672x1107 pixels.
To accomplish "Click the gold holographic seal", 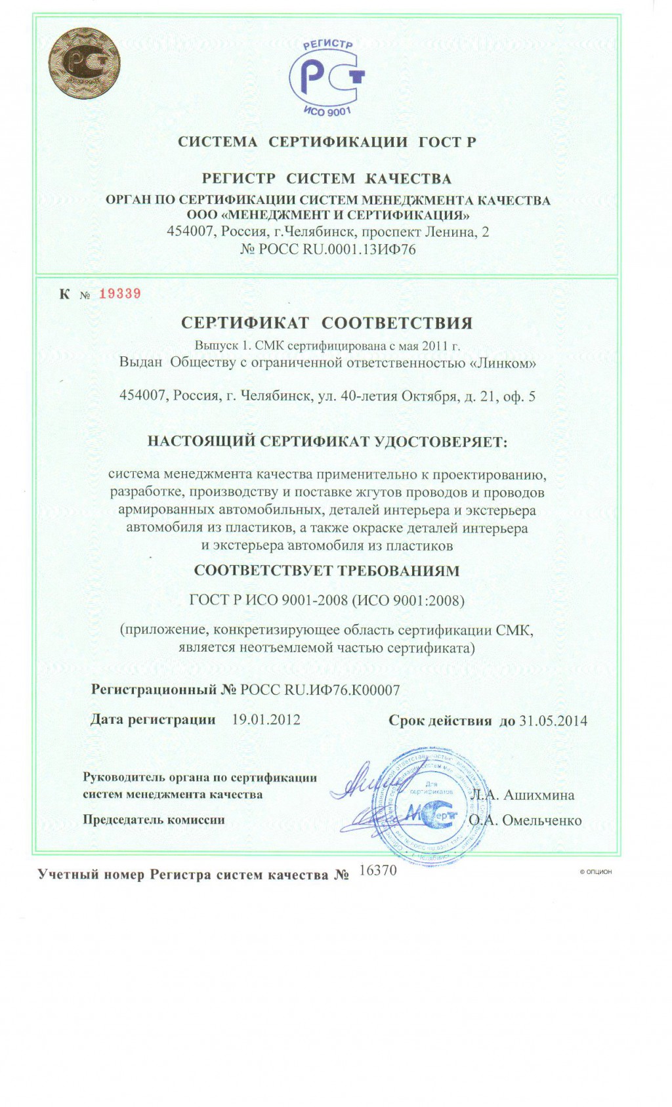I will click(x=83, y=64).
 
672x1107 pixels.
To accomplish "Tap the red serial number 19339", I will click(x=120, y=293).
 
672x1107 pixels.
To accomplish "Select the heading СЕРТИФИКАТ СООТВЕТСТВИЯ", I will click(x=327, y=323).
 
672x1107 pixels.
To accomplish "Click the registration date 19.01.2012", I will click(x=266, y=719).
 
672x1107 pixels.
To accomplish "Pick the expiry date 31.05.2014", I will click(x=553, y=721).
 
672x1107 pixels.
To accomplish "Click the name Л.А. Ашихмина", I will click(x=522, y=795).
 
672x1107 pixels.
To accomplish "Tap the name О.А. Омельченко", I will click(x=525, y=820).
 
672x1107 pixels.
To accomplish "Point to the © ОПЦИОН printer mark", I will click(x=595, y=871).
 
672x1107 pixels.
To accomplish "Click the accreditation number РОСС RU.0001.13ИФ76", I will click(x=328, y=249).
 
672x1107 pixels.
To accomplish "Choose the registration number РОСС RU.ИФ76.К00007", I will click(x=320, y=690).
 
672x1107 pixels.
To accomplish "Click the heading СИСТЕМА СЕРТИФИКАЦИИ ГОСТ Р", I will click(x=327, y=142).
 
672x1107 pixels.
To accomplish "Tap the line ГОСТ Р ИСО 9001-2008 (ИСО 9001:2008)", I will click(x=327, y=600).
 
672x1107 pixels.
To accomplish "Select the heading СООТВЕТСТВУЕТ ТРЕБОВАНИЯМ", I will click(x=327, y=570).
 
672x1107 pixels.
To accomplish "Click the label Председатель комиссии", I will click(x=154, y=820).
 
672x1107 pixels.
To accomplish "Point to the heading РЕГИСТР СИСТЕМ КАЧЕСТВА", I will click(x=327, y=178).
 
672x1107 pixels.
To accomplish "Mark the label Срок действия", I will click(x=440, y=721).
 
